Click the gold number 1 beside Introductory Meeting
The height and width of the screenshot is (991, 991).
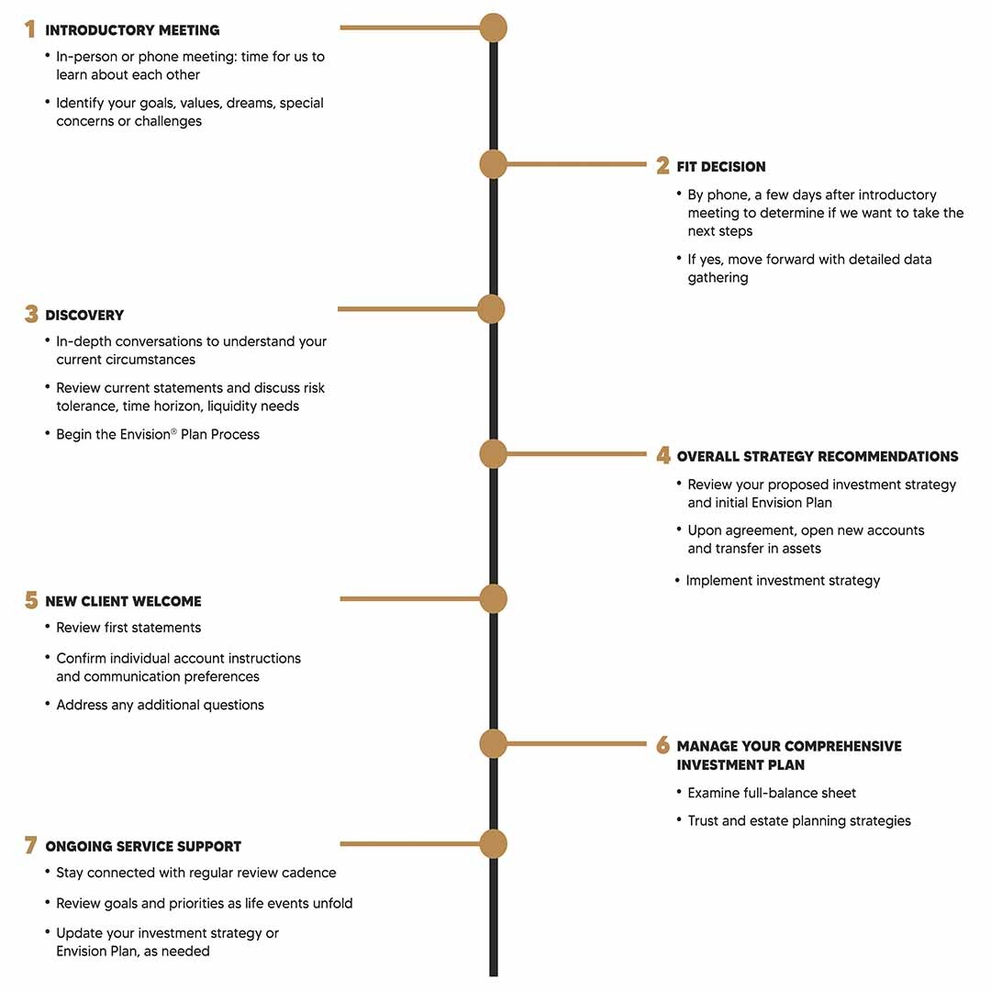click(29, 29)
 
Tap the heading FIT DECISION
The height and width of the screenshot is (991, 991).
click(720, 167)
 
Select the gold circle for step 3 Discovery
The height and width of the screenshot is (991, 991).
click(491, 309)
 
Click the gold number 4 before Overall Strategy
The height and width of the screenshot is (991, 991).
click(663, 455)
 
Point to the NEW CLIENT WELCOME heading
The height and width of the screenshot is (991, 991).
click(123, 601)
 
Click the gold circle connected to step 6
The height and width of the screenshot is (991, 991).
click(493, 743)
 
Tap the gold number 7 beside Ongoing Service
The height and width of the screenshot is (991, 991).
click(30, 845)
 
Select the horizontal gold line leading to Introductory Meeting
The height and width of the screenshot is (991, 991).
click(410, 28)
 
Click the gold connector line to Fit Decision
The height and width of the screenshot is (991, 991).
click(576, 164)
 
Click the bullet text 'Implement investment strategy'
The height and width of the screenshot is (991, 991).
click(783, 581)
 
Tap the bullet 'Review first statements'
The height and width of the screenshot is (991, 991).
click(128, 628)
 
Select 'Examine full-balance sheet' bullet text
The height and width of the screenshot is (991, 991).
click(772, 793)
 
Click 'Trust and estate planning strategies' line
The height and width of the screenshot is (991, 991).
click(799, 821)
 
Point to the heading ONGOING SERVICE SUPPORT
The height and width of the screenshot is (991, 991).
click(143, 846)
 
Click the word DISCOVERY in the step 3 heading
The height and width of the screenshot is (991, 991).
click(84, 315)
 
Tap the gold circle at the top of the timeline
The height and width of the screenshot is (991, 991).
click(493, 28)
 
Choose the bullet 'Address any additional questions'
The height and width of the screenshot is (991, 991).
click(160, 705)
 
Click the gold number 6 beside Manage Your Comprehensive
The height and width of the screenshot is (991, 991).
click(663, 744)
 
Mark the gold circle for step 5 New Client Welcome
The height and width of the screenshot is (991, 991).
click(493, 598)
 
